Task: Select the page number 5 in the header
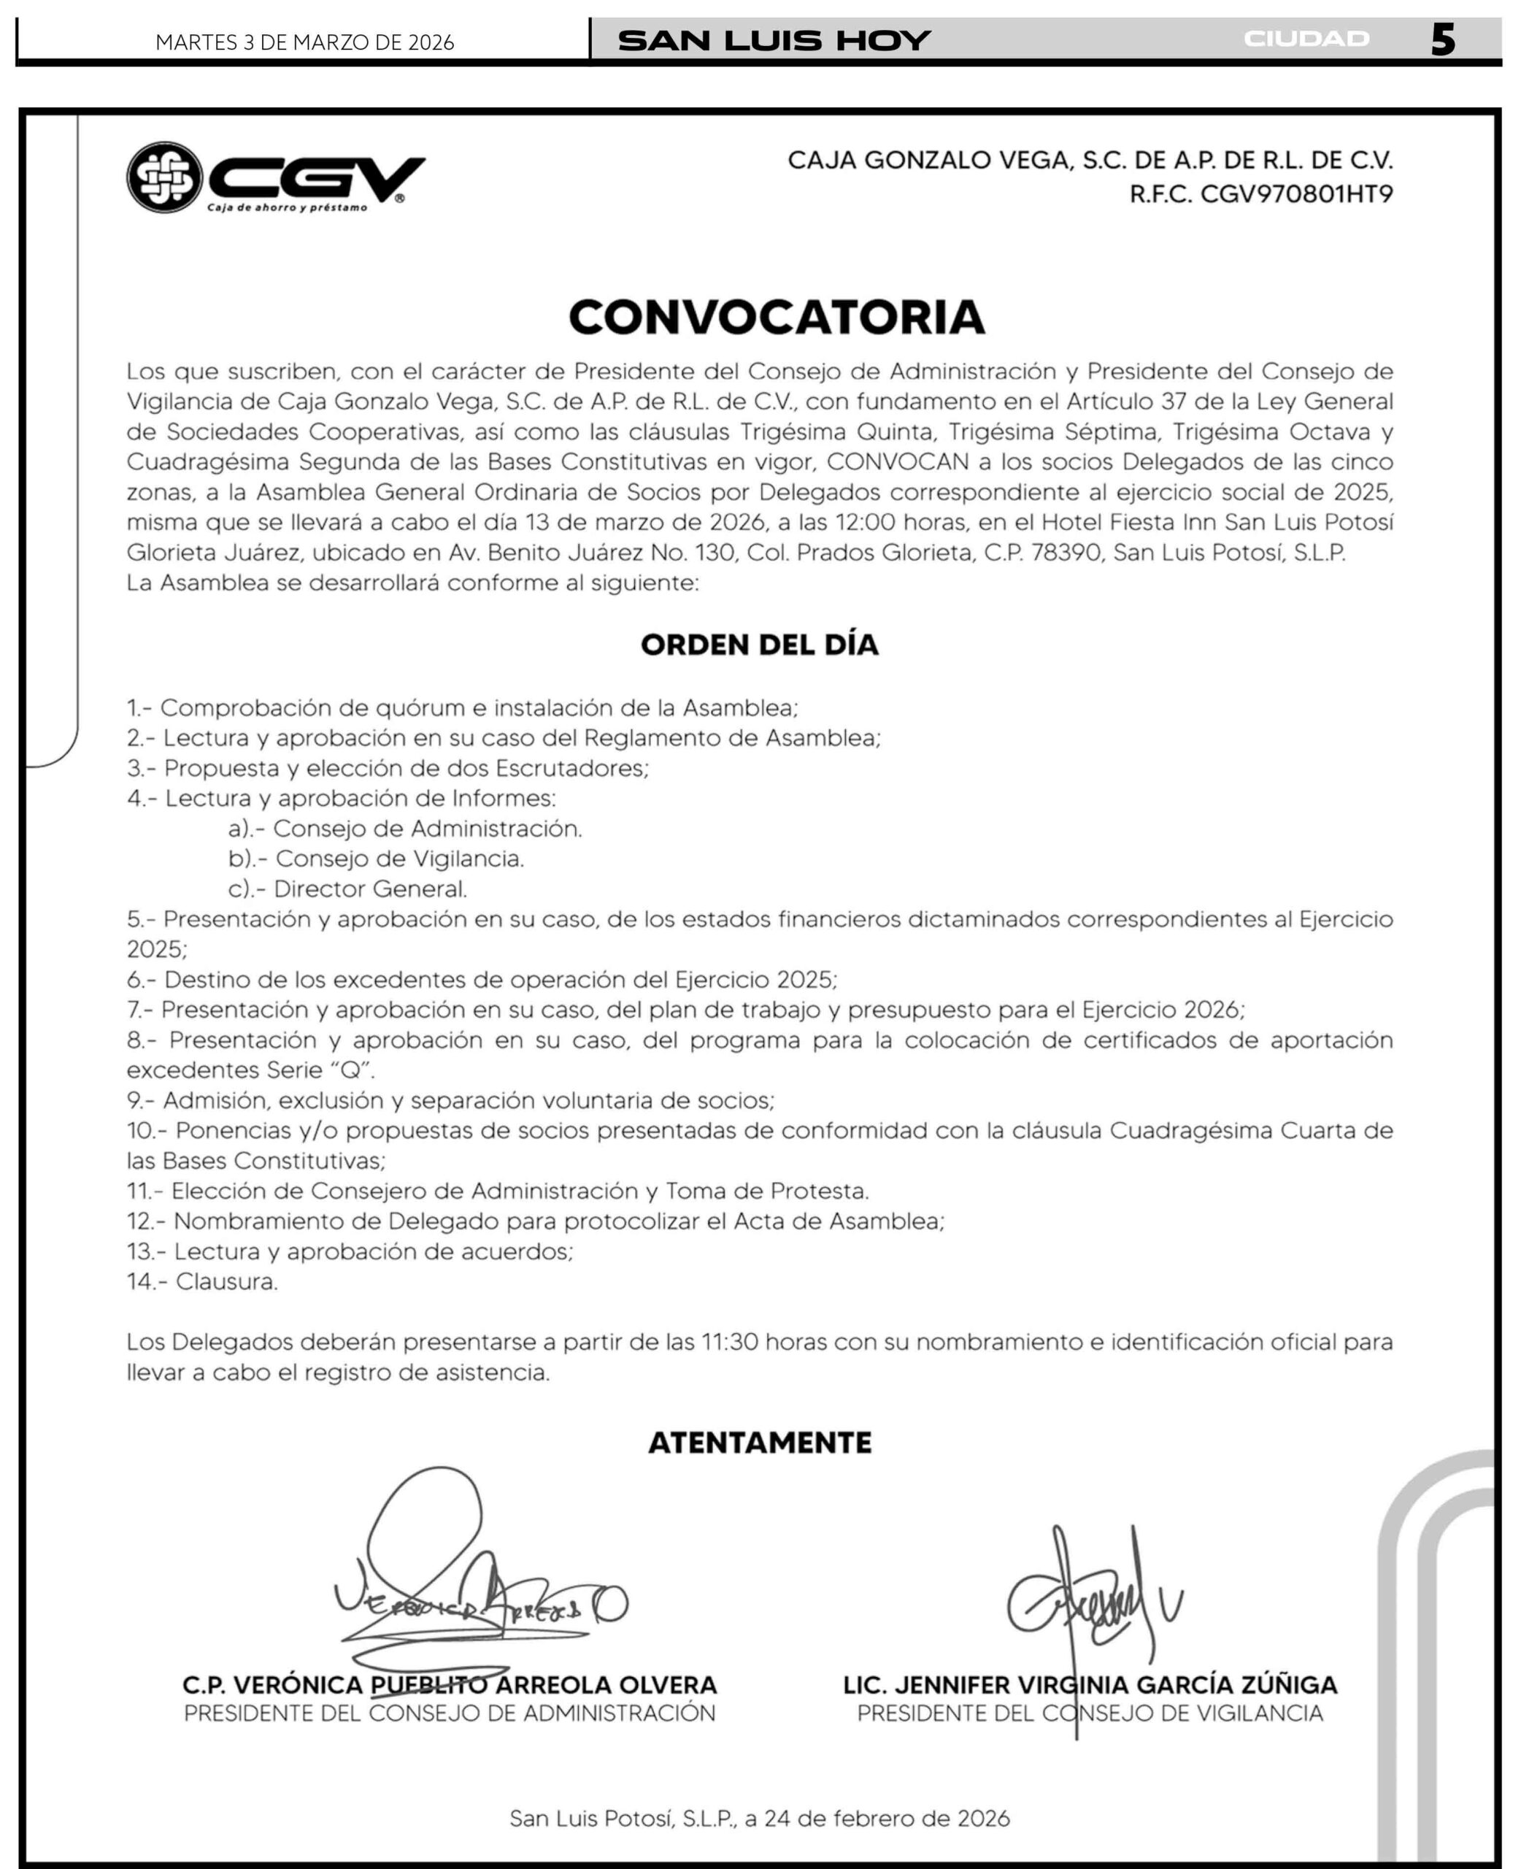pos(1442,40)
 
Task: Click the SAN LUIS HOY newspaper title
pos(774,40)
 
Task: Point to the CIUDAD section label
pos(1306,39)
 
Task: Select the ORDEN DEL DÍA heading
pos(760,645)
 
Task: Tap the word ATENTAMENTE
pos(760,1443)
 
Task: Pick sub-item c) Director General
pos(348,889)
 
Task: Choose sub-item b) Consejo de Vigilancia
pos(376,859)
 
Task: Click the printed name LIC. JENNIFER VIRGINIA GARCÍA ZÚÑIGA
pos(1090,1685)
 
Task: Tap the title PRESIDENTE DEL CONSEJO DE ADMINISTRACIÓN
pos(450,1713)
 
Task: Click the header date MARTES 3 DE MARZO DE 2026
pos(305,42)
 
